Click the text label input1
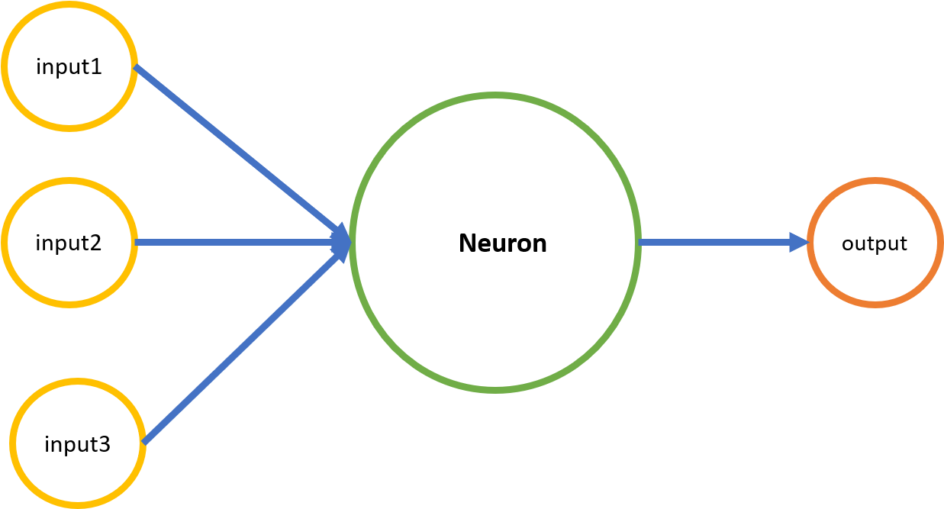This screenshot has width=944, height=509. click(69, 67)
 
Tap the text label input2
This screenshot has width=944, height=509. click(69, 243)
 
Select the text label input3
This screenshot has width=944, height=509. click(77, 444)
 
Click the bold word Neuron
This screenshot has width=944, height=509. click(502, 243)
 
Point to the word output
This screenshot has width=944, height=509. click(874, 243)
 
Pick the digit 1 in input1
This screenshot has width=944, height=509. click(96, 67)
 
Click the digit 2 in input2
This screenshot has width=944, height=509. click(95, 243)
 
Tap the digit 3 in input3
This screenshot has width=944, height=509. click(105, 444)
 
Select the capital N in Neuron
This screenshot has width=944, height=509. click(467, 243)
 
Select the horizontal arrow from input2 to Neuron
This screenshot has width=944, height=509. click(229, 243)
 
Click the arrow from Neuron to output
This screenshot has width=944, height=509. click(717, 243)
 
